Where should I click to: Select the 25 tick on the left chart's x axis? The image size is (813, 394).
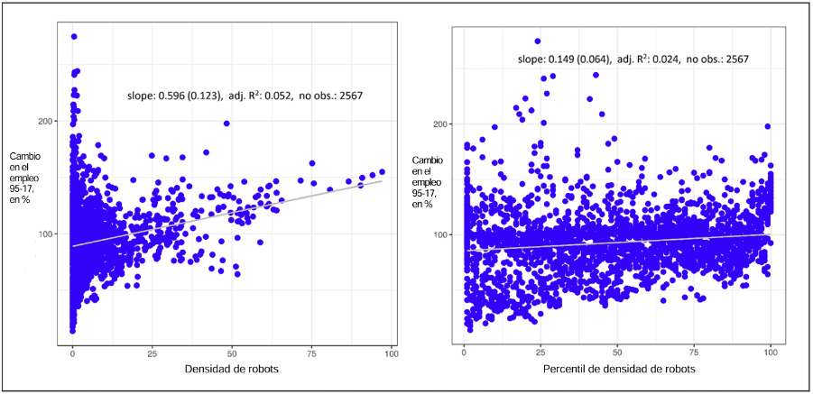tap(152, 352)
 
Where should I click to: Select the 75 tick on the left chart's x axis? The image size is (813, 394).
tap(311, 352)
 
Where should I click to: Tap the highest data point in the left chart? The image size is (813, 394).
tap(74, 37)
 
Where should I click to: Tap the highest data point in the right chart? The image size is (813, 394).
tap(538, 41)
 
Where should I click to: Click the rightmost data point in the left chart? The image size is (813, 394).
tap(382, 171)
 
